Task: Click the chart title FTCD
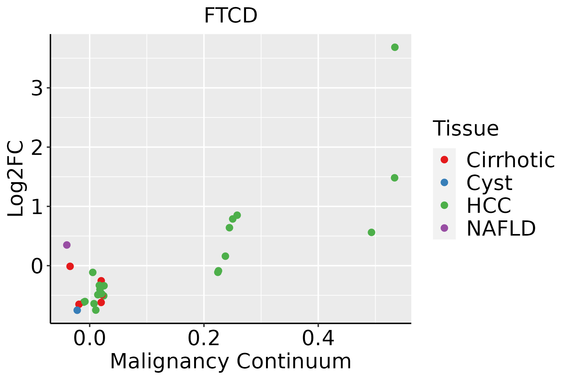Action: tap(231, 16)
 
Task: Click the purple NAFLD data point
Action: tap(67, 245)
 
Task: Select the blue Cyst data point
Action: tap(77, 310)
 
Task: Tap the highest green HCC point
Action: tap(395, 47)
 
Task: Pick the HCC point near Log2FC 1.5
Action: tap(395, 178)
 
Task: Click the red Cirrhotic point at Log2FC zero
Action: tap(70, 266)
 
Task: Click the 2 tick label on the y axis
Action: tap(37, 148)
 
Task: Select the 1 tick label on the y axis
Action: tap(37, 207)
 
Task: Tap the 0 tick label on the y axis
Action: tap(37, 266)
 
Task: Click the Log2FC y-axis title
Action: tap(16, 179)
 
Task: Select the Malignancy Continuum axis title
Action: tap(231, 361)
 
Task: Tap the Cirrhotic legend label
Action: tap(510, 160)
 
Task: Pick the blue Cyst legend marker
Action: tap(444, 182)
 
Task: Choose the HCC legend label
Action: tap(489, 206)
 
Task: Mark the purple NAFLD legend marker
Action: tap(444, 228)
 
